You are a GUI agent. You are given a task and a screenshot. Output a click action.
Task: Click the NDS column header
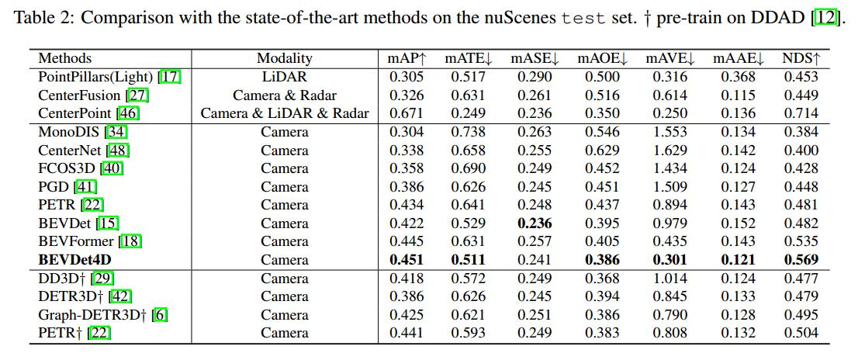pyautogui.click(x=801, y=58)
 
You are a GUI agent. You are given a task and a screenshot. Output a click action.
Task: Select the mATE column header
pyautogui.click(x=468, y=58)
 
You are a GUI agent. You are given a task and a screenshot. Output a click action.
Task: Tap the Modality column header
pyautogui.click(x=285, y=58)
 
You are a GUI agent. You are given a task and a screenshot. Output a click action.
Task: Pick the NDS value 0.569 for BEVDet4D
pyautogui.click(x=801, y=260)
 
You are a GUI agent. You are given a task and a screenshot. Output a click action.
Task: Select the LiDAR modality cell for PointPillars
pyautogui.click(x=285, y=77)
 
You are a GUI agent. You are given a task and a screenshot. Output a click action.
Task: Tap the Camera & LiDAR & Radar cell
pyautogui.click(x=285, y=113)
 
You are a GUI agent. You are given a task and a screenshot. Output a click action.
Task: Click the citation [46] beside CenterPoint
pyautogui.click(x=128, y=113)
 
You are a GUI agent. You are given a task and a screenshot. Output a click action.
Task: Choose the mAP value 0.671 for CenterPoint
pyautogui.click(x=405, y=113)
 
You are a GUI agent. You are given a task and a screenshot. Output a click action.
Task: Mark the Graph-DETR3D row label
pyautogui.click(x=90, y=315)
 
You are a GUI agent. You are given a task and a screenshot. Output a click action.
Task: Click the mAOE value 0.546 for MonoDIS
pyautogui.click(x=602, y=132)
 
